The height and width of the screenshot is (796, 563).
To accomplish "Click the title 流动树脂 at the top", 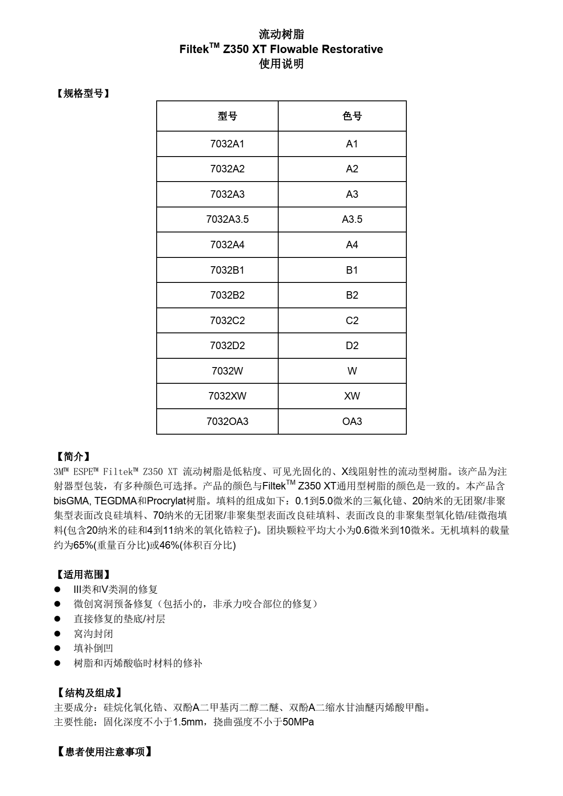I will [281, 34].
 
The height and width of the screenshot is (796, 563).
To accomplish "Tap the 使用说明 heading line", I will [281, 64].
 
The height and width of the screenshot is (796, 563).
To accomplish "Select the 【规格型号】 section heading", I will [82, 93].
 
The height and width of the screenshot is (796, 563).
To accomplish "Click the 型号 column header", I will [227, 116].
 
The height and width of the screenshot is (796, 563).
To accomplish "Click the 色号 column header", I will [352, 116].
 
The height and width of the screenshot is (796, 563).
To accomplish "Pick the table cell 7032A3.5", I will [227, 219].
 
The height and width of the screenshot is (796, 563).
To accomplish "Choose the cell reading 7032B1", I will [227, 270].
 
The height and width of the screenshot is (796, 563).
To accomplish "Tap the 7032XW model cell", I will [227, 396].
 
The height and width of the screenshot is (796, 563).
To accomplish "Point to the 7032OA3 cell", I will [227, 421].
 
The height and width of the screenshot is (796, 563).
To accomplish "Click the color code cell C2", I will [352, 321].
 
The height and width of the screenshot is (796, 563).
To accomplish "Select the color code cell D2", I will [352, 346].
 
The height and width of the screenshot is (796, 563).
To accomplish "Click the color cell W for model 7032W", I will [352, 371].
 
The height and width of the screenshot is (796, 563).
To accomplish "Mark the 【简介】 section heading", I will [72, 457].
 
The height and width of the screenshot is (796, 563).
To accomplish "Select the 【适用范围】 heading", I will [82, 575].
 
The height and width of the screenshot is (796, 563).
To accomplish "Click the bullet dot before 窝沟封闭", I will [57, 634].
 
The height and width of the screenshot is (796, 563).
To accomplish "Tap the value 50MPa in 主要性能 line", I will [298, 722].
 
